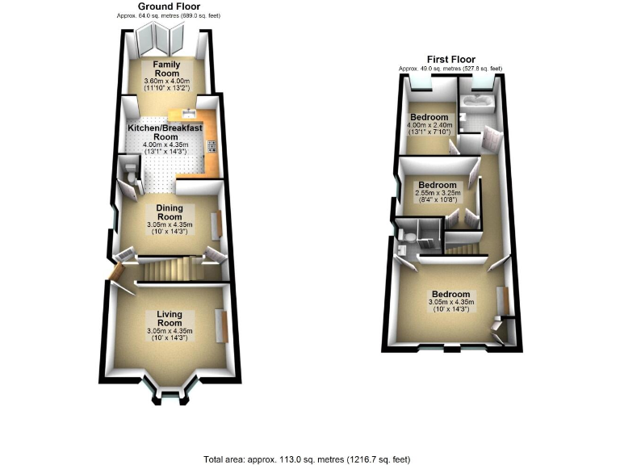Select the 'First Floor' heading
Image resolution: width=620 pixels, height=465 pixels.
click(451, 59)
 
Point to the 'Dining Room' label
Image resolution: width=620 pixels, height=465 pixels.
click(169, 213)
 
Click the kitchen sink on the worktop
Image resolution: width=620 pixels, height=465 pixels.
click(187, 112)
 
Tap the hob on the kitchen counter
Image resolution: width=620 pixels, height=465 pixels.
click(212, 148)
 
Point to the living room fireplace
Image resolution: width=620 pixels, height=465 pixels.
click(220, 325)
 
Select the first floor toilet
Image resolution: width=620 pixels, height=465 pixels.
click(409, 237)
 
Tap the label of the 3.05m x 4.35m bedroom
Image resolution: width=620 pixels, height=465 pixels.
click(450, 294)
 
